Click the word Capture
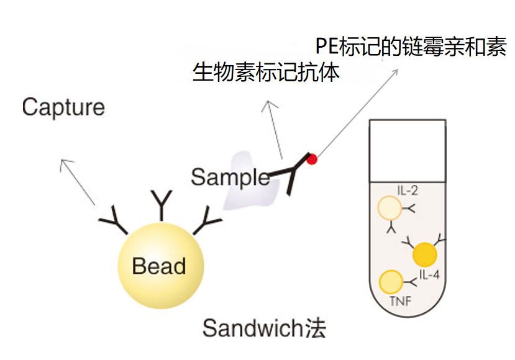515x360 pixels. (x=63, y=107)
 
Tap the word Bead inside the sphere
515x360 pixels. (x=159, y=266)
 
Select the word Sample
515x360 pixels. (x=230, y=178)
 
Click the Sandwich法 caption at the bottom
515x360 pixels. (x=264, y=328)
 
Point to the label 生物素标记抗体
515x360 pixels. (x=267, y=73)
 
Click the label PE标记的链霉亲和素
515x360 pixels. (x=411, y=47)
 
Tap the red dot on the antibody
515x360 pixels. (x=312, y=160)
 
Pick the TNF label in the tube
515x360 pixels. (x=400, y=303)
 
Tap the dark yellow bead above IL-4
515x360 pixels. (x=425, y=254)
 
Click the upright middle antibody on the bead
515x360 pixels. (x=162, y=205)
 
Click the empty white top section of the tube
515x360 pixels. (x=408, y=149)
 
